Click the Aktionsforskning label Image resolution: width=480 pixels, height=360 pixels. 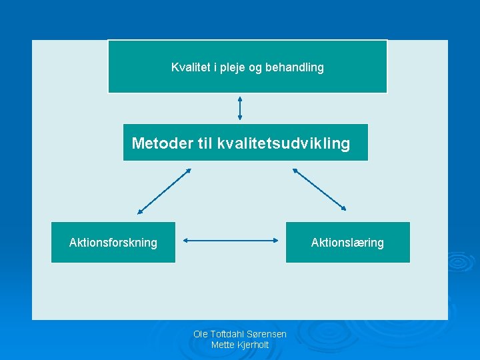[113, 243]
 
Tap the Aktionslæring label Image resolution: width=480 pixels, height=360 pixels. [347, 243]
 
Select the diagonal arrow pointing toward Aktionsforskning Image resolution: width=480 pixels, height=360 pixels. [164, 191]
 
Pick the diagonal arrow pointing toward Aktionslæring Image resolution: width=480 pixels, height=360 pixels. [319, 189]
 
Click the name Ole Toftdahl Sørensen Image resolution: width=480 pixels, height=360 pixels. [240, 334]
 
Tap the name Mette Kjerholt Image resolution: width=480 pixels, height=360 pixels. [240, 345]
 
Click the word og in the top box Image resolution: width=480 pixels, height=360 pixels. [255, 68]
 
